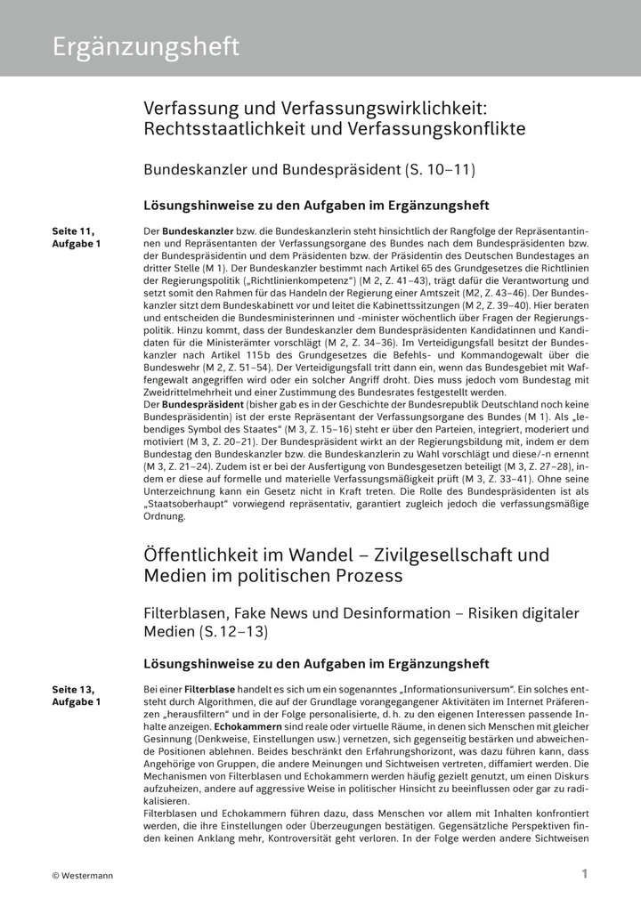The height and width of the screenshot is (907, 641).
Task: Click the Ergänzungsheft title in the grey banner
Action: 145,47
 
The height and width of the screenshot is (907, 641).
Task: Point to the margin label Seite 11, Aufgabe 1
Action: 77,237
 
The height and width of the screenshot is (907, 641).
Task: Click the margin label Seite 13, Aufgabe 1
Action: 77,695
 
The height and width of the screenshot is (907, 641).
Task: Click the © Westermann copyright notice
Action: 83,875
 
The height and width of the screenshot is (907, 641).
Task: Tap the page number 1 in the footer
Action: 585,874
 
